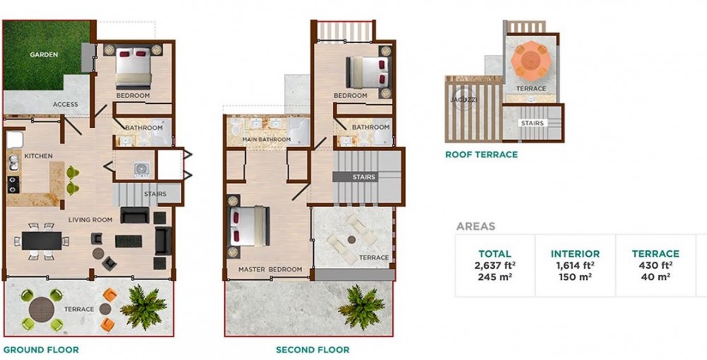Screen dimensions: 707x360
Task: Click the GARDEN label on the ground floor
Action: click(44, 54)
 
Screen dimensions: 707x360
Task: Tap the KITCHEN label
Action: click(38, 156)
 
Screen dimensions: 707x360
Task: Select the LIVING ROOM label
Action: click(90, 220)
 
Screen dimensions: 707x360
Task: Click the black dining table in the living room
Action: click(42, 240)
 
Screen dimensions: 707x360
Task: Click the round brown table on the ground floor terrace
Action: click(42, 310)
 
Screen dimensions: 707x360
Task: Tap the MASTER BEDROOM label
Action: click(270, 269)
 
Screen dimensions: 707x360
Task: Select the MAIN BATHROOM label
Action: click(267, 139)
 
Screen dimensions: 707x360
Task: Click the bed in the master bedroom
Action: click(250, 226)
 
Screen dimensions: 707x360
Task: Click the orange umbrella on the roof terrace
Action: click(531, 59)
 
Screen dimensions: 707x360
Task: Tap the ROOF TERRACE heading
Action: click(481, 155)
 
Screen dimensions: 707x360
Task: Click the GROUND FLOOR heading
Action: click(41, 349)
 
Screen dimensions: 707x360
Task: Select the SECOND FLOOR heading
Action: click(312, 349)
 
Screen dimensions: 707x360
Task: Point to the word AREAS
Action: click(476, 226)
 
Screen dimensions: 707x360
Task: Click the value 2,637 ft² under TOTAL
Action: click(495, 265)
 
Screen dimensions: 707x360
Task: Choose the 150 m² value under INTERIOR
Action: click(575, 277)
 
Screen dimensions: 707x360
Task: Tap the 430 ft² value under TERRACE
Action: click(655, 265)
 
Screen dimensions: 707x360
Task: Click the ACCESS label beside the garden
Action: click(65, 104)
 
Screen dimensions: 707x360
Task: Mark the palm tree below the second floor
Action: click(361, 307)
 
